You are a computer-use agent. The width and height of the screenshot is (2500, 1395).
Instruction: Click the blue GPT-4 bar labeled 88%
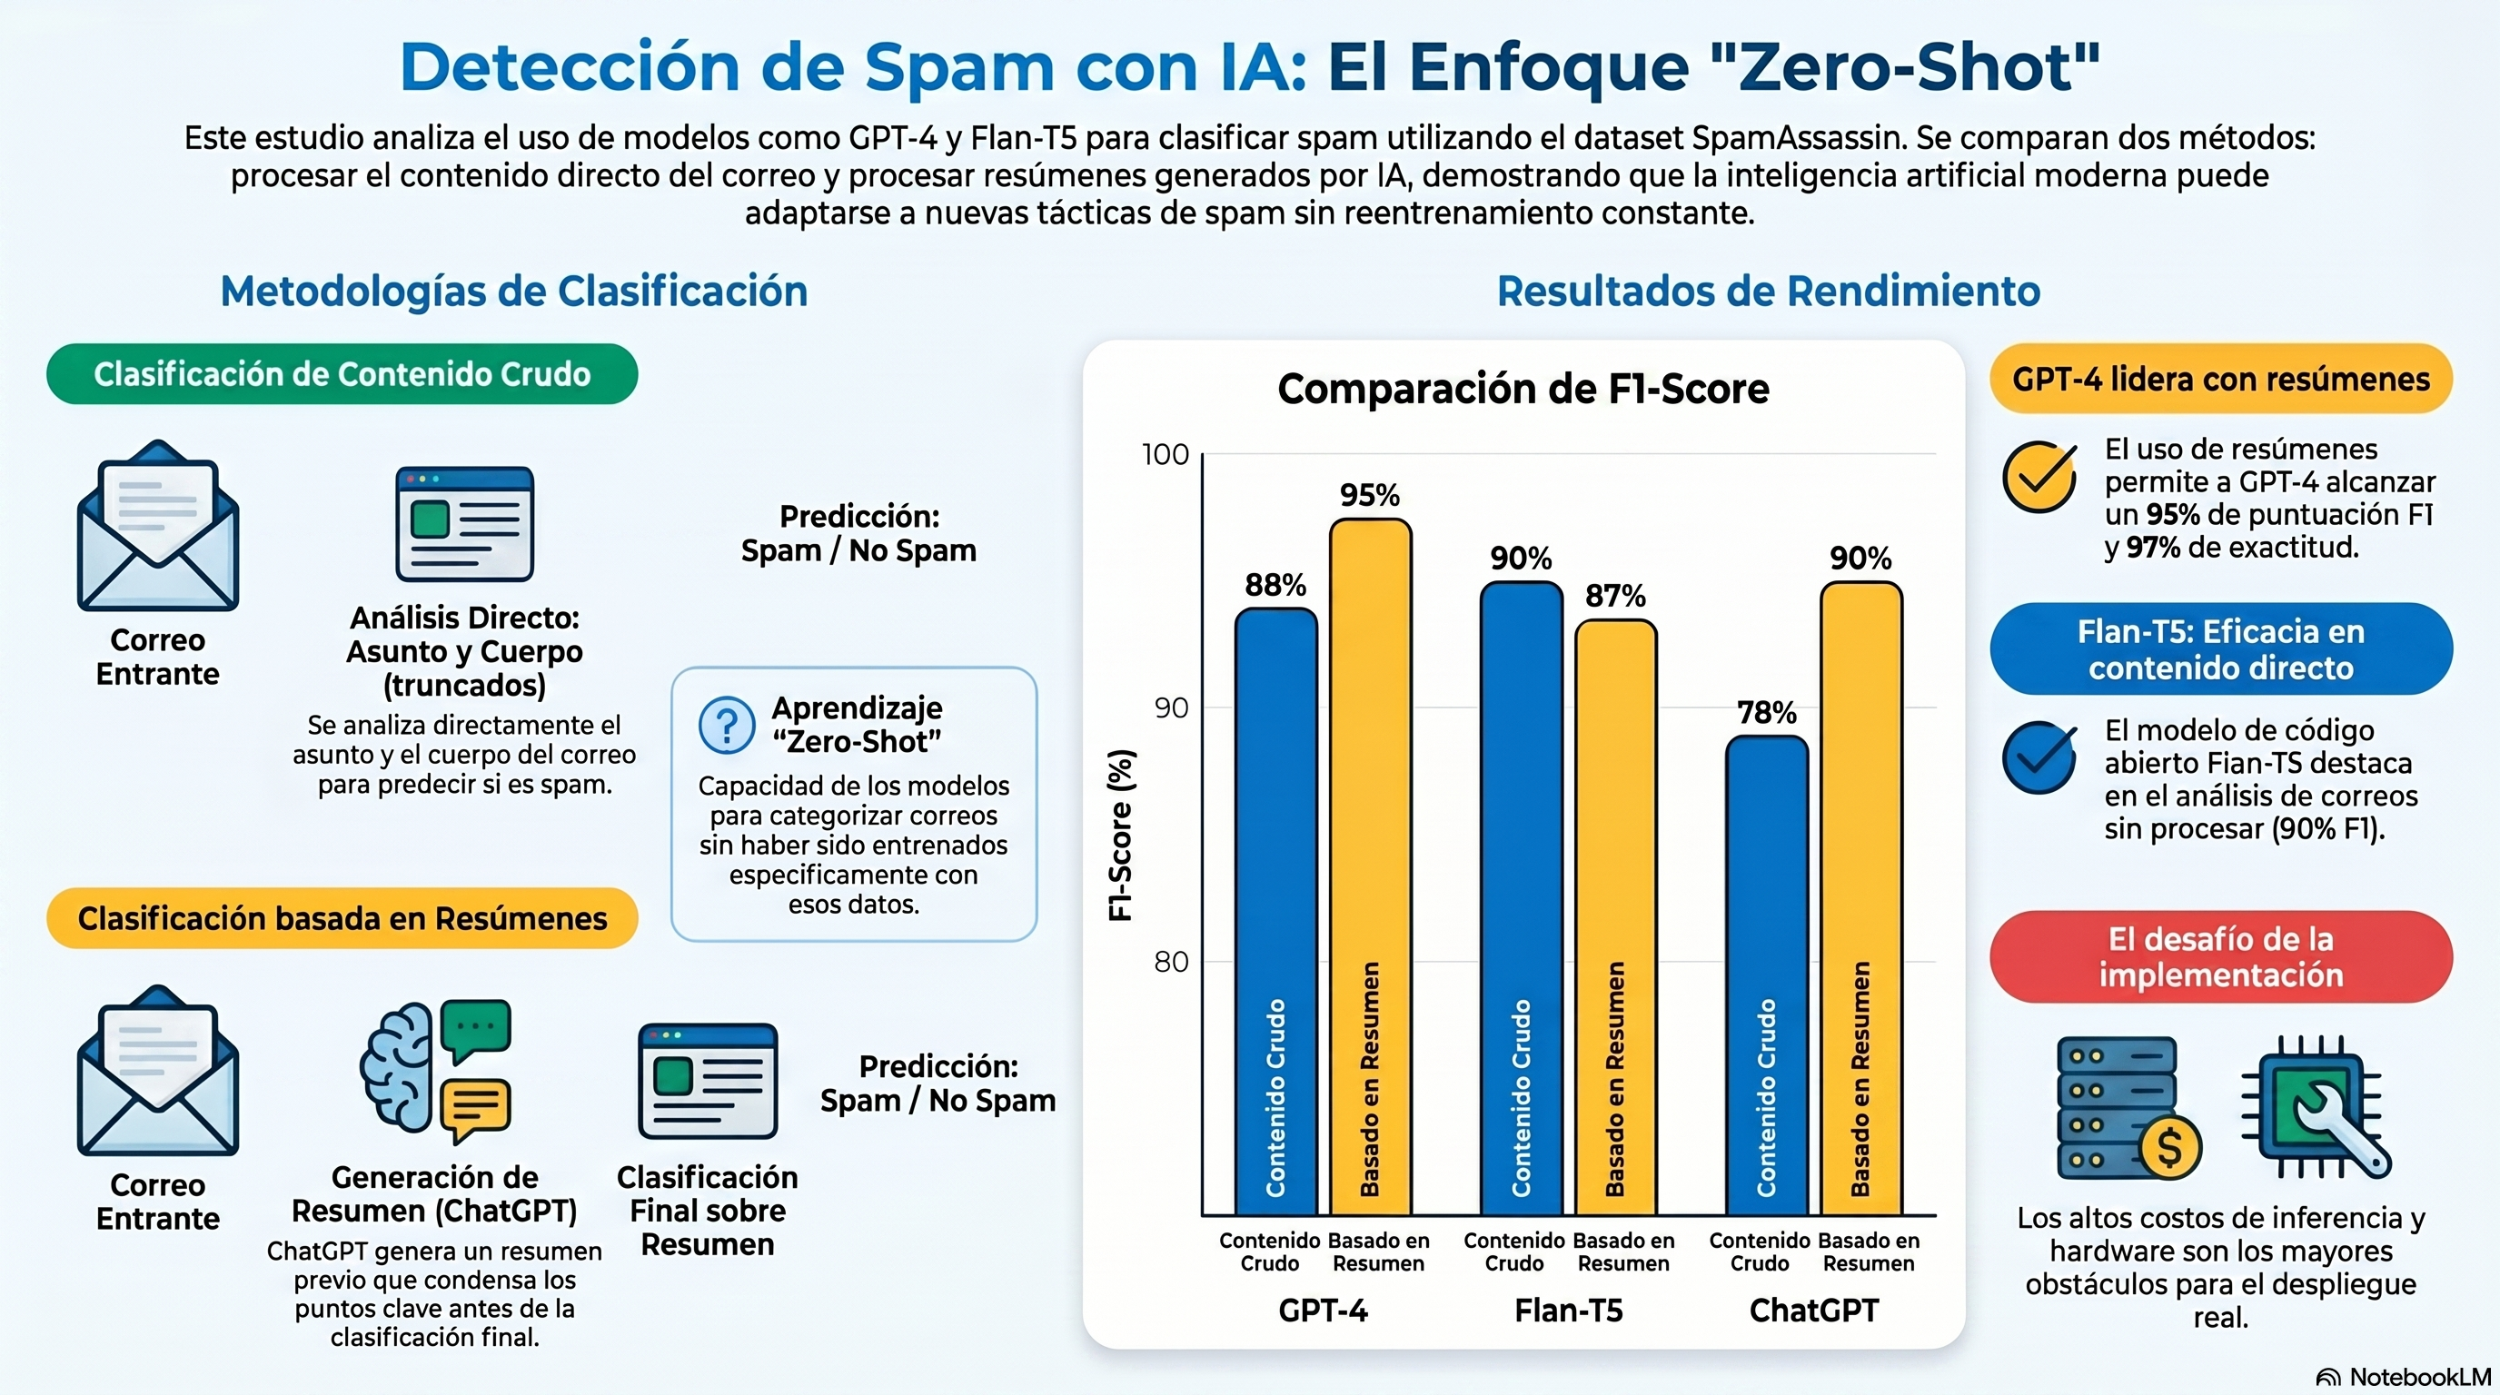tap(1275, 912)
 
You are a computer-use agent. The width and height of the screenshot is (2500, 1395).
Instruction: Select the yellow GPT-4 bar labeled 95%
tap(1369, 867)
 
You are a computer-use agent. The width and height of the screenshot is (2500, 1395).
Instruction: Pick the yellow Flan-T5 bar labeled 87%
tap(1615, 917)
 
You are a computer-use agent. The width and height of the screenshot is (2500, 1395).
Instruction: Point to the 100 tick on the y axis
tap(1165, 454)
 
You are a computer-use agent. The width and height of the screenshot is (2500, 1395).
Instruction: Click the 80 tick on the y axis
tap(1170, 962)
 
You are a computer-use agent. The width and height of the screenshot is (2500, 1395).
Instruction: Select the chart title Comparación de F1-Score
tap(1523, 389)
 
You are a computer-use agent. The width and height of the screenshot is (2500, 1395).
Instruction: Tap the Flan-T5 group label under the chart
tap(1568, 1311)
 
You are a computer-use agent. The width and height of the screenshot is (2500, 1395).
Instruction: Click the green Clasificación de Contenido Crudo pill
tap(342, 374)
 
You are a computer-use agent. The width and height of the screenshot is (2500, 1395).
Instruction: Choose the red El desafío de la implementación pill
tap(2220, 956)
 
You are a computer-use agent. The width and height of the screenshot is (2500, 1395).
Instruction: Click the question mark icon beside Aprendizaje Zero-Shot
tap(727, 725)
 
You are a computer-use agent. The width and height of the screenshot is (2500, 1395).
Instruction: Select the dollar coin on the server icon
tap(2169, 1149)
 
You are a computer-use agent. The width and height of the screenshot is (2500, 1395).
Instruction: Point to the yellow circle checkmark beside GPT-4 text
tap(2040, 476)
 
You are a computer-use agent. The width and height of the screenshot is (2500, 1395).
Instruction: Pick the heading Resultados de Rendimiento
tap(1768, 291)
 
